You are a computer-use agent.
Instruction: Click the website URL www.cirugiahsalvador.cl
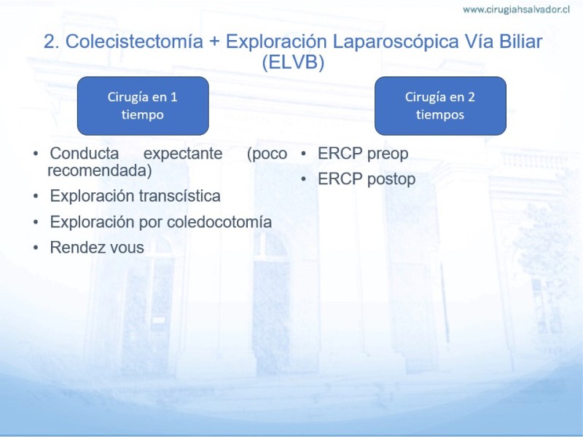516,9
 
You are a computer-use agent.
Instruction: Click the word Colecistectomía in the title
134,42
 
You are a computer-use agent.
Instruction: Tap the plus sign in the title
214,42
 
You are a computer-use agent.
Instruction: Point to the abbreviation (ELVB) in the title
293,62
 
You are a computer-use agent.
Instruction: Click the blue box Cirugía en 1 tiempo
143,106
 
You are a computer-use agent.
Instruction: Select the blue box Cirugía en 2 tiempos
440,106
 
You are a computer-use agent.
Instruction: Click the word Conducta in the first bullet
85,153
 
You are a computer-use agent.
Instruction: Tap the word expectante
183,154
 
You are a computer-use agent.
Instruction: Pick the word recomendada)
100,170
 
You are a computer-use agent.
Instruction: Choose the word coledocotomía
219,222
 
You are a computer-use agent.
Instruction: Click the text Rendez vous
97,248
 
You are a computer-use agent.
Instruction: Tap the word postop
391,180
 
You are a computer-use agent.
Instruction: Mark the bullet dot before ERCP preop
303,153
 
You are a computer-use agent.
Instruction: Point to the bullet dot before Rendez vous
36,247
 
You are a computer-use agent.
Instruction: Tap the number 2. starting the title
52,42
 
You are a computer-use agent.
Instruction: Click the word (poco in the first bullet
267,154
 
